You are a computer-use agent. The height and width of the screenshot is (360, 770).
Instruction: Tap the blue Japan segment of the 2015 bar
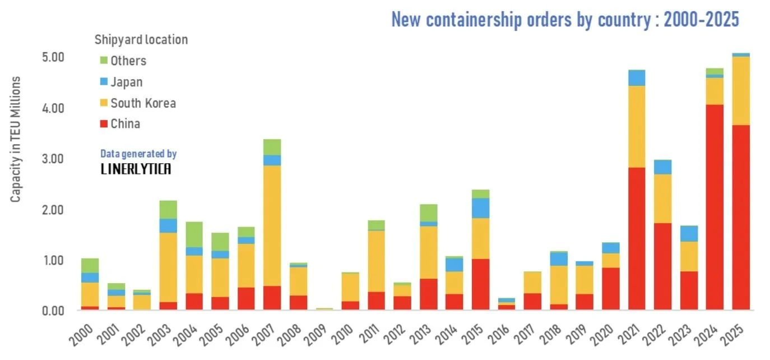click(480, 208)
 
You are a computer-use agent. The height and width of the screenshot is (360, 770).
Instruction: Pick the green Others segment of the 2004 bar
click(194, 234)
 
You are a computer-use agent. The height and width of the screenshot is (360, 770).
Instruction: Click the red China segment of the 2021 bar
click(637, 239)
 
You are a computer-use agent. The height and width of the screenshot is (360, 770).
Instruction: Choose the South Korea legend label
click(143, 103)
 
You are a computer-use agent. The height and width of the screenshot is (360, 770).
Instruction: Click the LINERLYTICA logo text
click(136, 169)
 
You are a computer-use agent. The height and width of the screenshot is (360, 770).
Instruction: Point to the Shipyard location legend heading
click(141, 40)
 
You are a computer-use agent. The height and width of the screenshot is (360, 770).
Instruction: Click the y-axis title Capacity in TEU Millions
click(16, 139)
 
